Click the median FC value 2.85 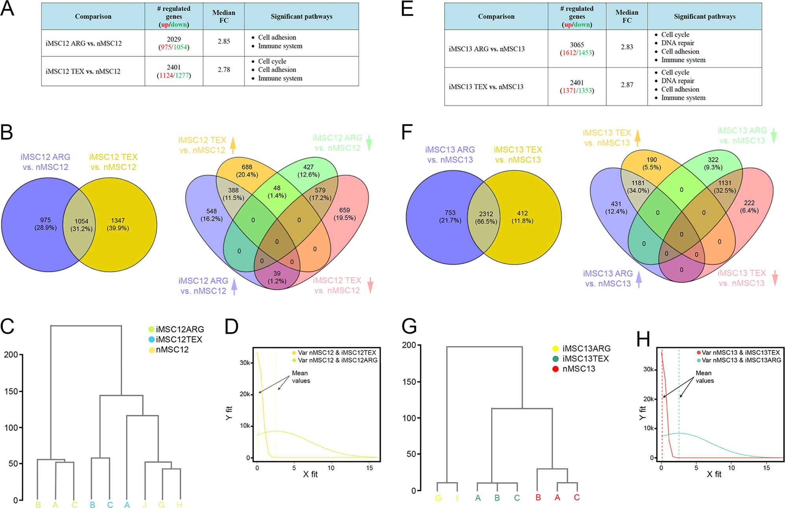[223, 41]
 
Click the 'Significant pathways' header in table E [704, 17]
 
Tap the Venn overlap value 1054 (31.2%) [81, 225]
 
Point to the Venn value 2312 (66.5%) [486, 218]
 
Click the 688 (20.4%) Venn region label [247, 171]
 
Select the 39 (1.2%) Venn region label [277, 277]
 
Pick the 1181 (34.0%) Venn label [638, 187]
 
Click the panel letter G [409, 326]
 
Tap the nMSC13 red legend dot [555, 369]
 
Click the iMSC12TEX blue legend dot [151, 339]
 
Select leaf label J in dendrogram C [144, 505]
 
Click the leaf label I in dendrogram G [457, 498]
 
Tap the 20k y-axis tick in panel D [245, 394]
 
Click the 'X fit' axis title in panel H [714, 474]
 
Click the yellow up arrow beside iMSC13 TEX [637, 138]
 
